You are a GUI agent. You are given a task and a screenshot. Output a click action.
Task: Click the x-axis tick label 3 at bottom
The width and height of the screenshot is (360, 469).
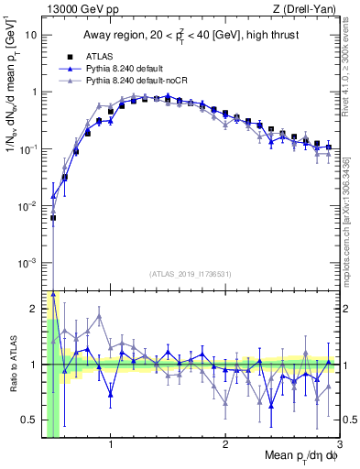(x=339, y=444)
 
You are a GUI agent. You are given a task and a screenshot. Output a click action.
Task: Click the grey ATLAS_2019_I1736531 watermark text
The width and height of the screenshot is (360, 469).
(x=190, y=273)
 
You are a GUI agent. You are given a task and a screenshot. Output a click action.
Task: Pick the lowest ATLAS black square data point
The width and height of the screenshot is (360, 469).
(x=53, y=218)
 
